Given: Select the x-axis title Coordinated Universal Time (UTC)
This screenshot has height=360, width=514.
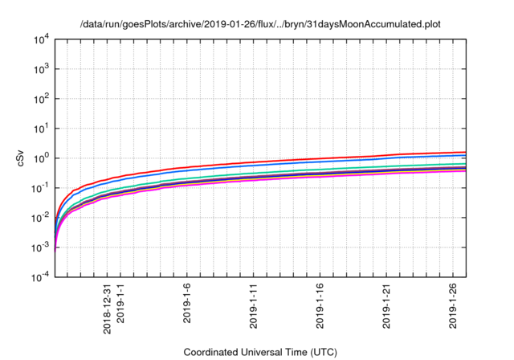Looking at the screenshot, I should (x=260, y=352).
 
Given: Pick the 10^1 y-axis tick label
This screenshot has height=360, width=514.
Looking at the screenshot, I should (x=43, y=129).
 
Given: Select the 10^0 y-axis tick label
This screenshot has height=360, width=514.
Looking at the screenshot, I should (x=43, y=158).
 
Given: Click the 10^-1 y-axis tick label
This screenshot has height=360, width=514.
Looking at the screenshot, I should (x=42, y=188).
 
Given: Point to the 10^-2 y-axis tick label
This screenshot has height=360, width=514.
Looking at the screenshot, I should (x=42, y=218).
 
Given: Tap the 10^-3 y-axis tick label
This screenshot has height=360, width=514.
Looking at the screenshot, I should (x=42, y=247).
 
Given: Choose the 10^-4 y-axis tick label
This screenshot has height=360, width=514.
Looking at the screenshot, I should (x=42, y=277).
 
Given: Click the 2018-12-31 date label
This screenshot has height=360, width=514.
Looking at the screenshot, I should (x=107, y=305).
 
